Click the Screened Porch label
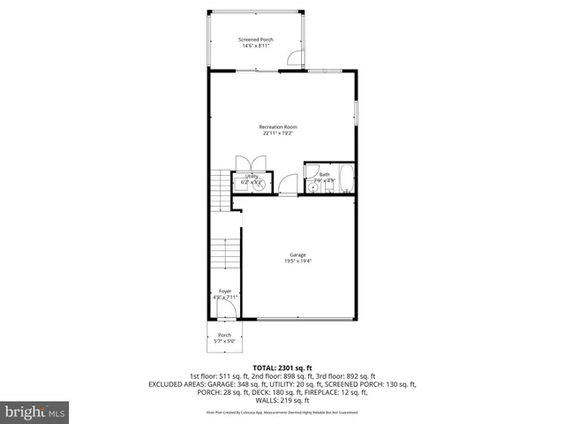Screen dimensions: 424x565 257,39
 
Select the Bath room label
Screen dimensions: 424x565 324,175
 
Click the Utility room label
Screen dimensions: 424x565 252,176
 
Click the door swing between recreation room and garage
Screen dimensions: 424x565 287,185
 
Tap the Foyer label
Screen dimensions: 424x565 225,291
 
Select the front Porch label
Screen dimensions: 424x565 225,335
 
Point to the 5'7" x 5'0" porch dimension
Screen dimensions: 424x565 225,342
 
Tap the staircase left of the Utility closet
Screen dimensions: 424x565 221,186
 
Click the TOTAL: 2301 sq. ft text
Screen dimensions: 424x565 282,367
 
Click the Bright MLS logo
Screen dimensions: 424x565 35,412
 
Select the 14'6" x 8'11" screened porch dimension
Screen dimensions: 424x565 257,46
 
